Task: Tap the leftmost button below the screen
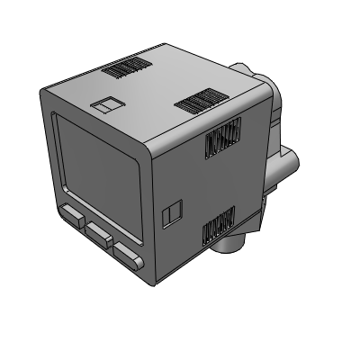(x=73, y=216)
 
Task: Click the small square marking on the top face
(x=106, y=104)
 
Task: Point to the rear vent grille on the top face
(x=127, y=67)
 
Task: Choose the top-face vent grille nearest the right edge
(x=198, y=100)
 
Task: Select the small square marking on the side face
(x=171, y=212)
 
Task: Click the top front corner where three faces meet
(x=148, y=146)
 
